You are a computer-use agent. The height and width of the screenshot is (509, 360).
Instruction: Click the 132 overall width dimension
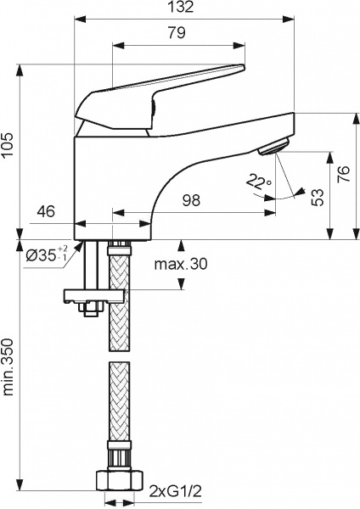(x=179, y=8)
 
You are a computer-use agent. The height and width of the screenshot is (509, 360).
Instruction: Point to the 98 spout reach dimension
(x=193, y=200)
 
